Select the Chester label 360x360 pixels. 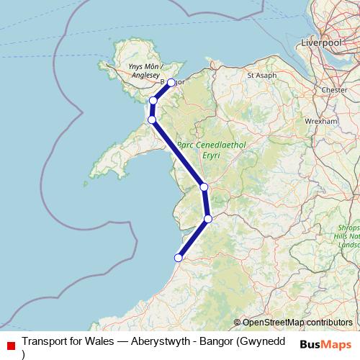(x=336, y=90)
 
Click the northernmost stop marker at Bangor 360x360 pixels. (x=171, y=83)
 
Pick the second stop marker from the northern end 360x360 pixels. (x=153, y=101)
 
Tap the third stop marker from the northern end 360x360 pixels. (x=152, y=120)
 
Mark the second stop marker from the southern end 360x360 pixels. (x=208, y=219)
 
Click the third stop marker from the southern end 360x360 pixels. (x=204, y=187)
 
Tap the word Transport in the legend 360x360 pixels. (x=46, y=342)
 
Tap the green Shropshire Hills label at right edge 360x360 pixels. (x=348, y=238)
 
